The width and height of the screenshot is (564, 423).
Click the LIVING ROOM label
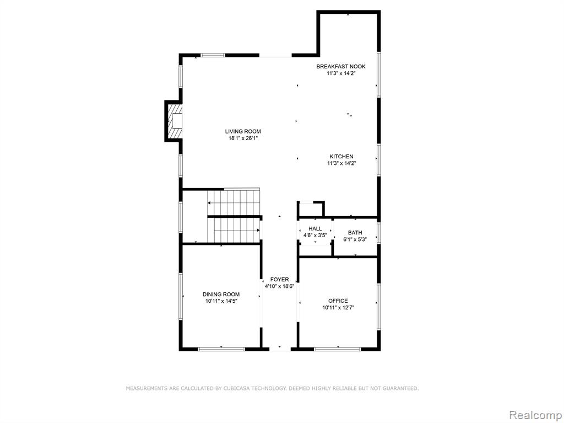click(243, 131)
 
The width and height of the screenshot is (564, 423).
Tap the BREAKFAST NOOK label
click(341, 66)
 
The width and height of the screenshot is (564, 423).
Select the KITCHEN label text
click(341, 157)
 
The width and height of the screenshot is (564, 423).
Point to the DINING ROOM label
click(221, 295)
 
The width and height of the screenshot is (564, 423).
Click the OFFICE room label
click(338, 301)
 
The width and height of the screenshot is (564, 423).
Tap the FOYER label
click(279, 280)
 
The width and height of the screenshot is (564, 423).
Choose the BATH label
click(355, 233)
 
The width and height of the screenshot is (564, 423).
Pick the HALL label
click(315, 229)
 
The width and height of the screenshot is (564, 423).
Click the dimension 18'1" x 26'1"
click(243, 138)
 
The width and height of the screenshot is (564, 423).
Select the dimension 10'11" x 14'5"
click(221, 301)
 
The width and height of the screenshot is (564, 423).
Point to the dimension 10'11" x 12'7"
click(338, 308)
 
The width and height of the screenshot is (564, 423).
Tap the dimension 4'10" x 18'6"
click(279, 286)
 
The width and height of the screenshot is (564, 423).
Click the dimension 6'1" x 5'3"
click(355, 239)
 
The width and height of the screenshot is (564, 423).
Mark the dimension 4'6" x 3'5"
click(315, 235)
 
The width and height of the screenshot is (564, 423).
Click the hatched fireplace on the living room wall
click(175, 121)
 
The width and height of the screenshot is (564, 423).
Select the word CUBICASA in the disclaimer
click(236, 388)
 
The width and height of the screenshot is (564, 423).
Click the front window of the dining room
click(221, 349)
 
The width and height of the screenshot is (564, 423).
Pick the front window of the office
click(337, 349)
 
